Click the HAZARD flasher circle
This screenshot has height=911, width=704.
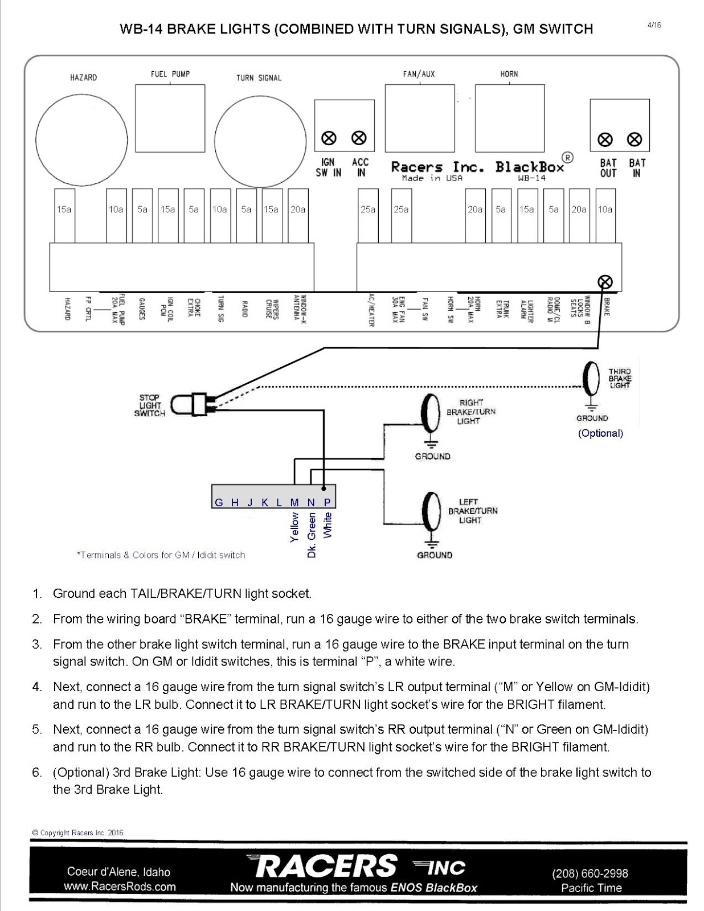(x=81, y=140)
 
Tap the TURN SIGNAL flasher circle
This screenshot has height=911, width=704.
(x=260, y=140)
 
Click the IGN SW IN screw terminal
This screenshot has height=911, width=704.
(x=329, y=138)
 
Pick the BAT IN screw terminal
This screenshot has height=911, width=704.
(x=635, y=139)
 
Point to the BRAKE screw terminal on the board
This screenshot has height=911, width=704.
(x=605, y=282)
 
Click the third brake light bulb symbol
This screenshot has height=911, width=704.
(x=592, y=379)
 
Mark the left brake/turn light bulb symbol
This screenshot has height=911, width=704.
(x=431, y=510)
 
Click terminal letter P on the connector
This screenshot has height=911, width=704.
(x=328, y=502)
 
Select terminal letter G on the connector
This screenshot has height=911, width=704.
(x=219, y=502)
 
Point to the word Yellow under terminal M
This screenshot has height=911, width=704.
(x=294, y=527)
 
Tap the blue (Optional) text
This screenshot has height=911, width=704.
(x=600, y=433)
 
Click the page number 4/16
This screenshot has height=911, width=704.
(x=654, y=25)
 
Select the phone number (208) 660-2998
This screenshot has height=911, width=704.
(x=590, y=873)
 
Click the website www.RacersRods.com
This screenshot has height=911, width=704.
(x=120, y=887)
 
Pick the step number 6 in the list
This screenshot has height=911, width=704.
(x=37, y=773)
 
